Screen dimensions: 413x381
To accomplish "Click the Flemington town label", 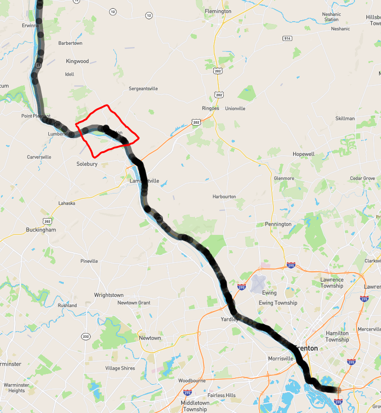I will [218, 11].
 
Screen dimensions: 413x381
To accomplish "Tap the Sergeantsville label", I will [143, 89].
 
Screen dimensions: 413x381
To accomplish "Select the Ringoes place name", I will [210, 108].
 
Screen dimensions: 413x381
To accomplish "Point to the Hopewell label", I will [303, 154].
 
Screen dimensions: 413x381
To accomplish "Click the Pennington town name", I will [278, 224].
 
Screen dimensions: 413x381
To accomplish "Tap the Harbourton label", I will [224, 196].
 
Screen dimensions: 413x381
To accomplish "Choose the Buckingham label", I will [41, 230].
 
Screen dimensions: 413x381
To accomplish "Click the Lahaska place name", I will [67, 203].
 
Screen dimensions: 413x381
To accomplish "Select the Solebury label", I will [87, 164].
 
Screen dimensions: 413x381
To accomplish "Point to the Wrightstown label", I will [109, 295].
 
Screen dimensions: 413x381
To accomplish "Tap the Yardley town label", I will [229, 319].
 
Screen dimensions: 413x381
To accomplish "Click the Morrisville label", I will [281, 359].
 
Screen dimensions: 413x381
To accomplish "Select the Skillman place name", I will [345, 118].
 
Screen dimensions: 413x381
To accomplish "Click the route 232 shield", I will [86, 336].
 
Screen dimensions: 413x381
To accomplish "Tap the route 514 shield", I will [287, 38].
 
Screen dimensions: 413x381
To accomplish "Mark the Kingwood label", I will [78, 61].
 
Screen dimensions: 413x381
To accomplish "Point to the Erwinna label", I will [30, 25].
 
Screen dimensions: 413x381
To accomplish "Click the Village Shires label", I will [120, 368].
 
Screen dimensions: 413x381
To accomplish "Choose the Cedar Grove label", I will [362, 178].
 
